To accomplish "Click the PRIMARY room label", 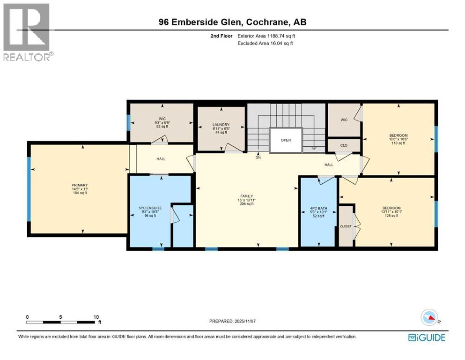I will pos(80,185).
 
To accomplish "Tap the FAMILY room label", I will pos(246,196).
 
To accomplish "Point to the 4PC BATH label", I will pos(318,208).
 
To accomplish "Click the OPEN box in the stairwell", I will pos(286,140).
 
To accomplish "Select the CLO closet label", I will pos(344,145).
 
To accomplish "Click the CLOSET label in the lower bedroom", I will pos(346,226).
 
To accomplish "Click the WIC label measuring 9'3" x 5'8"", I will pos(162,119).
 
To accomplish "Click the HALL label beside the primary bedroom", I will pos(161,158).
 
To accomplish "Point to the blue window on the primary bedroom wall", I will pos(29,188).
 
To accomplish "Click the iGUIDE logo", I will pos(427,337).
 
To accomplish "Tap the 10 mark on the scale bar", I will pos(96,317).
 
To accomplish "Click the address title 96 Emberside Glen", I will pos(233,22).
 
